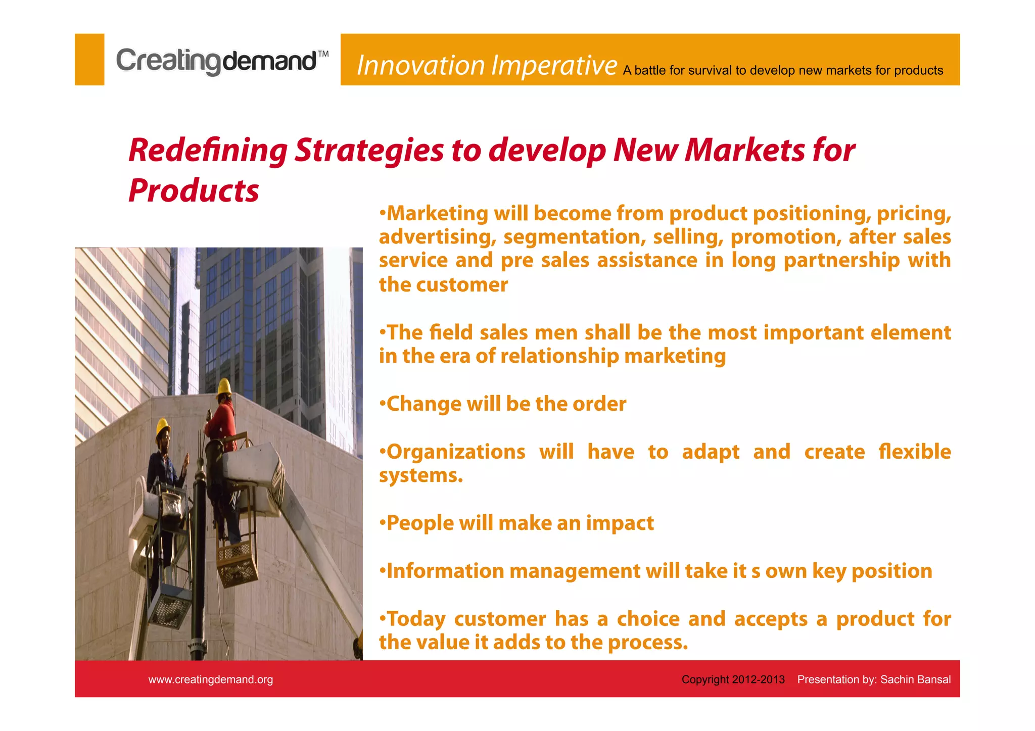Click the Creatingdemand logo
(221, 61)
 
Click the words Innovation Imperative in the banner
(486, 66)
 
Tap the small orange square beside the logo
(89, 60)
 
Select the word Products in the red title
(194, 191)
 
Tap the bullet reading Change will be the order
(503, 404)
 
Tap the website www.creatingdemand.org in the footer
(210, 680)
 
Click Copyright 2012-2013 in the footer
(733, 680)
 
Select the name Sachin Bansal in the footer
(915, 680)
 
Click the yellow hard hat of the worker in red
(223, 386)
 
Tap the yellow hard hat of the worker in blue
(162, 427)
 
